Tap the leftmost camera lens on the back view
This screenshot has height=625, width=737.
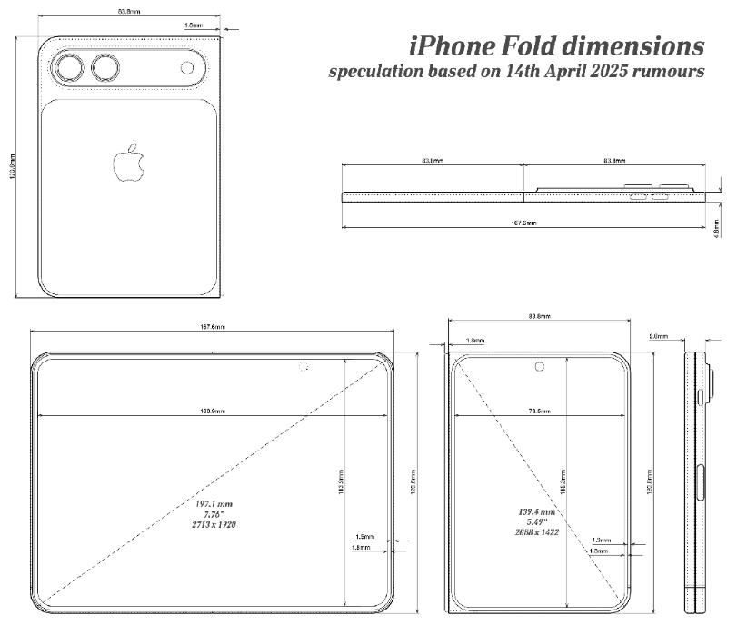(70, 68)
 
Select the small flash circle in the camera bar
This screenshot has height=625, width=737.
(188, 67)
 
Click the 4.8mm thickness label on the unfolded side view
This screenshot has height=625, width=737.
(716, 225)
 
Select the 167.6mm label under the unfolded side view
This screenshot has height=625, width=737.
(523, 223)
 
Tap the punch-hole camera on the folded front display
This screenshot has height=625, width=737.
(540, 367)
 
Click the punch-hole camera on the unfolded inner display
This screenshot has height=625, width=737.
(304, 367)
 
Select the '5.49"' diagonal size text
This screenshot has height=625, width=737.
(533, 521)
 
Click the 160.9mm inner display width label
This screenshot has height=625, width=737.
(213, 412)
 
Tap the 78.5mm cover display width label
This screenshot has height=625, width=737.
(539, 412)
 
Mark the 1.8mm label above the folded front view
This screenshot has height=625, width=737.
(475, 341)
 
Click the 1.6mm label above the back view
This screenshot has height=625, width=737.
(193, 25)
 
